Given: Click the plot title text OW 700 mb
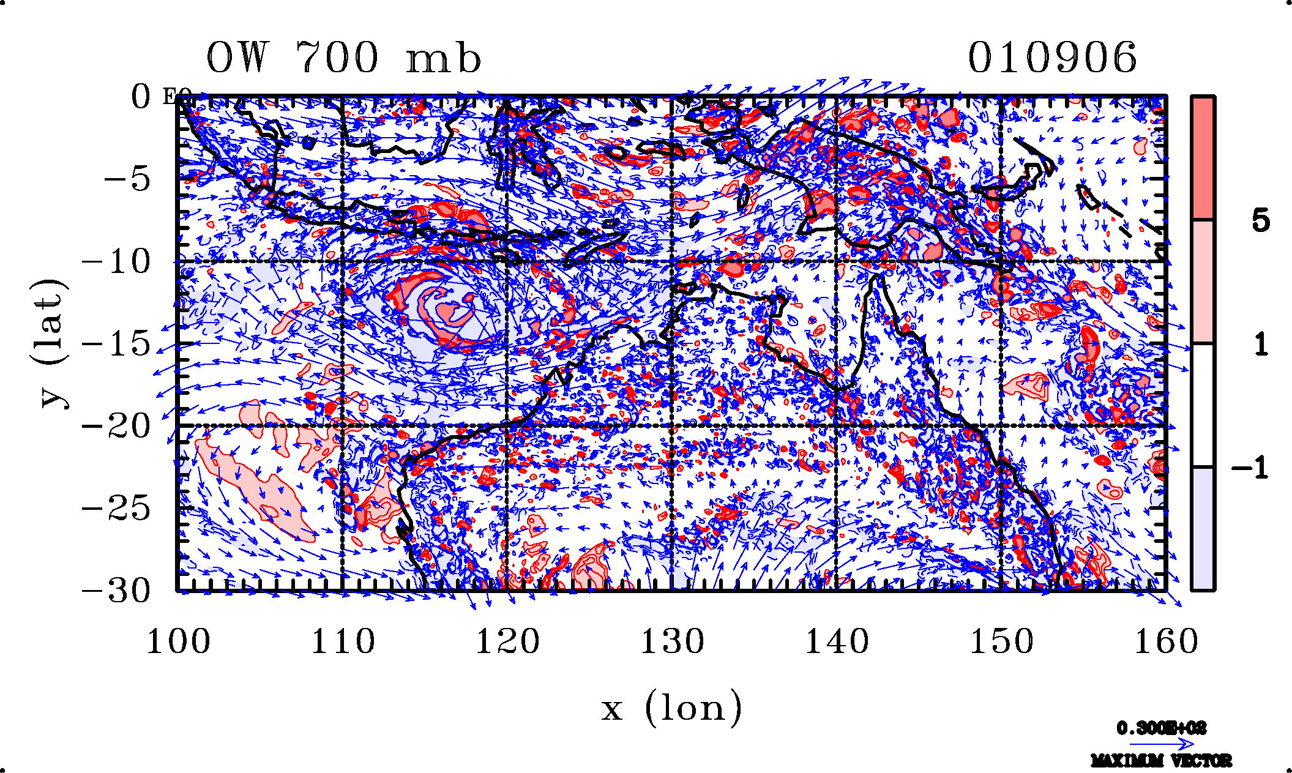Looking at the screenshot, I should (x=343, y=59).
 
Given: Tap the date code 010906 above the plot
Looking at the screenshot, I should (x=1052, y=59).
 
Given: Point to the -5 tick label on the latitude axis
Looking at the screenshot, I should (x=127, y=179).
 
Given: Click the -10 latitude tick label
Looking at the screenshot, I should (x=116, y=262).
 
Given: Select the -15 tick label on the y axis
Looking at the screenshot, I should (x=116, y=344).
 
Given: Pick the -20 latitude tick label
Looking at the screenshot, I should (x=116, y=426).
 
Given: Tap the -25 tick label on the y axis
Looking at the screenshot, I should (x=116, y=508).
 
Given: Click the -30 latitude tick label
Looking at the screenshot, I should (x=116, y=591).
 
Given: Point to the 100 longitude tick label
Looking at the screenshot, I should (x=178, y=641).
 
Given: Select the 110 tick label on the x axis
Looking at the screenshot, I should (x=343, y=641).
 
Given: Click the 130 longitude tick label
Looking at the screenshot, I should (x=672, y=641).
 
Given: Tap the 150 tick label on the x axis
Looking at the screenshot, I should (x=1001, y=641).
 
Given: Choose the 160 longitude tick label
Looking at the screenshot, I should (x=1166, y=641).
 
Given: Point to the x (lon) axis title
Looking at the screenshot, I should (x=671, y=709).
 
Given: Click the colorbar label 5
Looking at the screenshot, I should (x=1260, y=220).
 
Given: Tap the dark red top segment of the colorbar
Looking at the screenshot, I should (x=1203, y=158).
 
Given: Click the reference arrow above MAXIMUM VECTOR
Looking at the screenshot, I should (x=1161, y=744).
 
